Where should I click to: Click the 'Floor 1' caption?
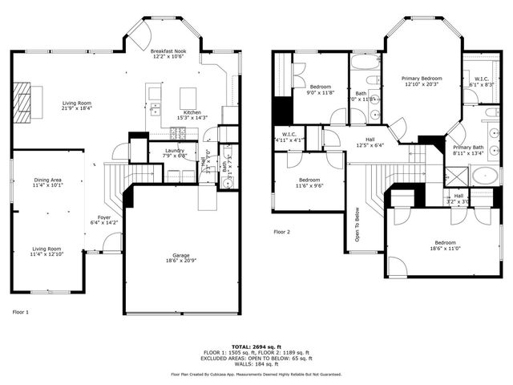click(x=21, y=311)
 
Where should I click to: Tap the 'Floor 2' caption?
click(x=281, y=232)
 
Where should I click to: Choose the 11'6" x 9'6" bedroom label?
click(x=310, y=182)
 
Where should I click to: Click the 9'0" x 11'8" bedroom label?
click(x=321, y=88)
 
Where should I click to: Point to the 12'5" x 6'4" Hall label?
click(x=370, y=143)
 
